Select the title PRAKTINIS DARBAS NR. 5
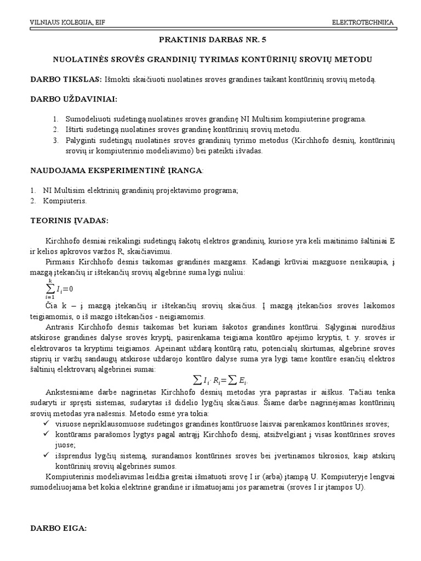coord(210,40)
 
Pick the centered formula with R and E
coord(219,380)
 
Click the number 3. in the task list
coord(55,141)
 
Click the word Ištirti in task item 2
coord(76,130)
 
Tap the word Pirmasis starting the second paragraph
coord(62,262)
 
